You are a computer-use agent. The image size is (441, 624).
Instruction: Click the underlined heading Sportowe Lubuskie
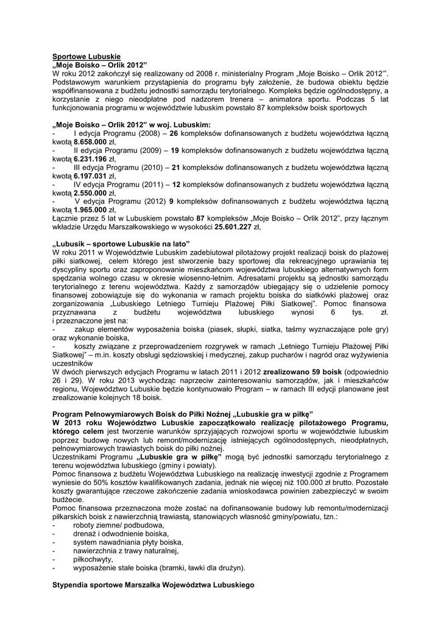click(86, 55)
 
